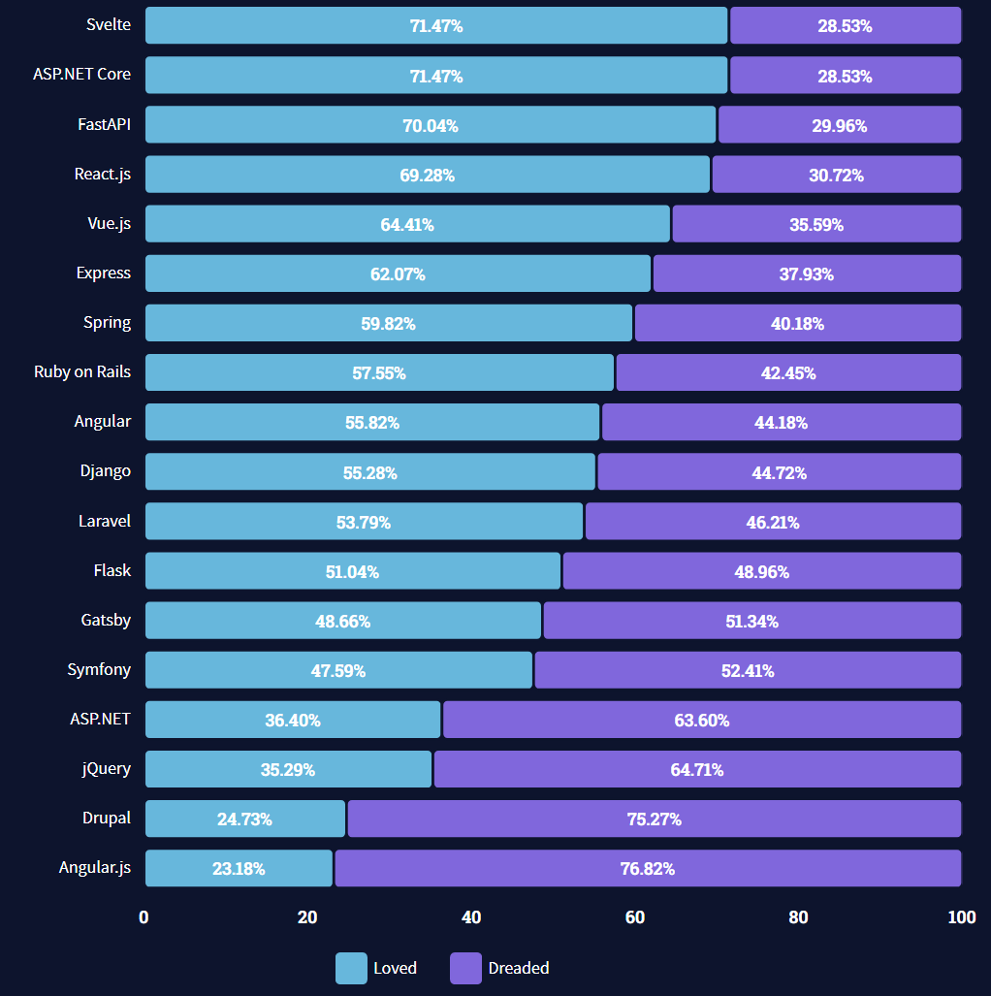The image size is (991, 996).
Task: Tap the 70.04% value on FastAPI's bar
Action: pos(431,125)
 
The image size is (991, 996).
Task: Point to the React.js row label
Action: pos(102,175)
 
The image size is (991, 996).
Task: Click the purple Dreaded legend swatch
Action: pos(465,968)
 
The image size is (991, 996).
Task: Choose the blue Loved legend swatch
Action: pos(351,968)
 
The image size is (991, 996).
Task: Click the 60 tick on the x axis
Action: pos(635,917)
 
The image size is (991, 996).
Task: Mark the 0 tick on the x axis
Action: pos(144,917)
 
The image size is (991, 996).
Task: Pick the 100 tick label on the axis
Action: pos(962,917)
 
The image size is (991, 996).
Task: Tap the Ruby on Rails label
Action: pos(82,371)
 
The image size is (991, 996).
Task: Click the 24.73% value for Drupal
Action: pos(244,819)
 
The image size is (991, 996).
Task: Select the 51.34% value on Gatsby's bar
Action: pos(751,622)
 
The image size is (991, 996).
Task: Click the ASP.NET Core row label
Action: pos(81,74)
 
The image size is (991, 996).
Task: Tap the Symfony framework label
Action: pos(99,669)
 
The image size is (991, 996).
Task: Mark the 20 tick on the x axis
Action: pos(307,917)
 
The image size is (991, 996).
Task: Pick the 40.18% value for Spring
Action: pos(797,324)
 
